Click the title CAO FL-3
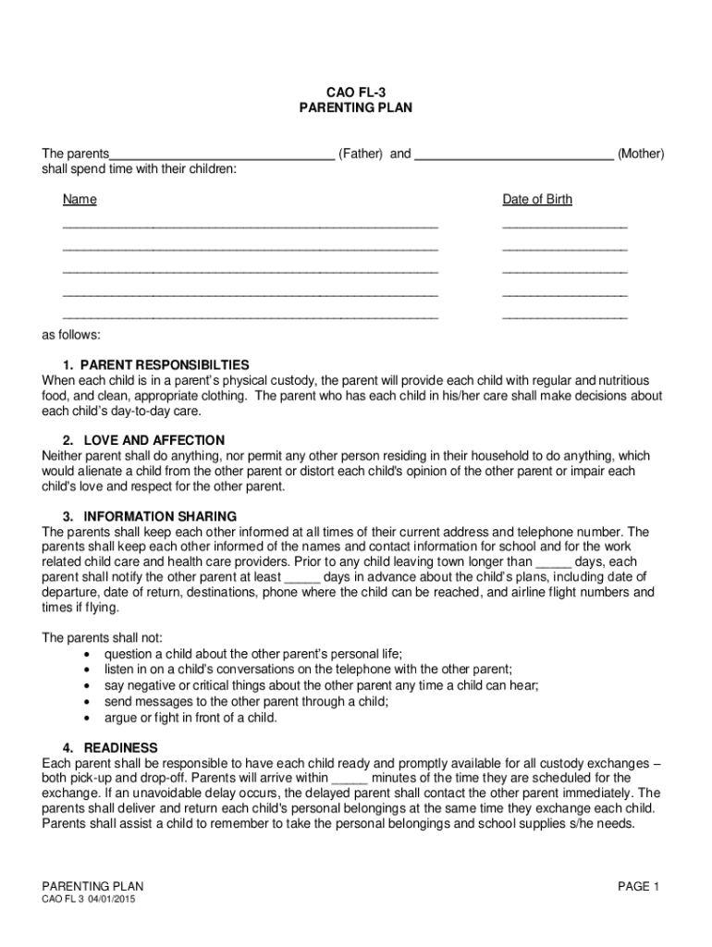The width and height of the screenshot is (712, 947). coord(355,92)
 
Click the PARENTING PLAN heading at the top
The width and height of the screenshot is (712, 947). coord(355,108)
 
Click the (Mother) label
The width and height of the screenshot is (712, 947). coord(640,154)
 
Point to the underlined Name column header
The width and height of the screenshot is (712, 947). coord(80,200)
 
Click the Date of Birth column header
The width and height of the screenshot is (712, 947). coord(537,200)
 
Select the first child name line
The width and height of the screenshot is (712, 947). coord(250,226)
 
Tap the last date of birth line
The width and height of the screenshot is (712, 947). coord(564,316)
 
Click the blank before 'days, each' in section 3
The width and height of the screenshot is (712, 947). coord(554,563)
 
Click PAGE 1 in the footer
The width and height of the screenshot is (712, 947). coord(638,887)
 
